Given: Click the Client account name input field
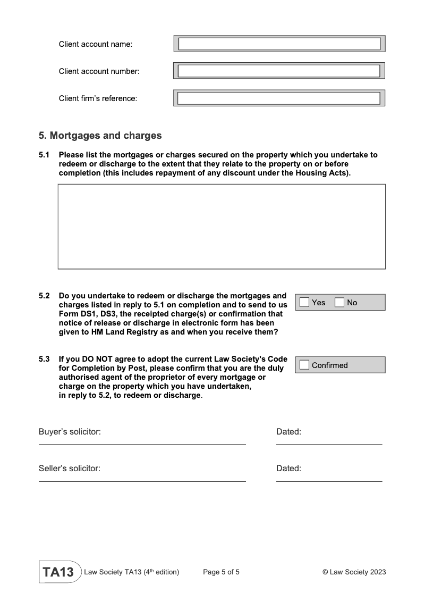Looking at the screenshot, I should (279, 44).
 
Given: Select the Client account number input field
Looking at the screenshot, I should (279, 71).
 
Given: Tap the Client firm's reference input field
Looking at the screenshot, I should (279, 98).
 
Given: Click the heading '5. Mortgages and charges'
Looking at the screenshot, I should (100, 136).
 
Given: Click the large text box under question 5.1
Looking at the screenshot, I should (222, 226).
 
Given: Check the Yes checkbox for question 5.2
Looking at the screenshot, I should (304, 302).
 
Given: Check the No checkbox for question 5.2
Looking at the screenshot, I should (339, 302).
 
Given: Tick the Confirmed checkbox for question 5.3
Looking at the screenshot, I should (304, 365).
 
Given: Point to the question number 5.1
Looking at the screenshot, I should (44, 155).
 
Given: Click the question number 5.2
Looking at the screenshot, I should (44, 296).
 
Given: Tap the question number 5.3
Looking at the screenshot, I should (44, 359).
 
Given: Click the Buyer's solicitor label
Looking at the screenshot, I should (70, 432).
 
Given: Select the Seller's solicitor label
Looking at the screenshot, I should (70, 469).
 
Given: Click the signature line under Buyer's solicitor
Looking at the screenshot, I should (142, 444).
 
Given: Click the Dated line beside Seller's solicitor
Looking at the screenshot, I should (329, 481).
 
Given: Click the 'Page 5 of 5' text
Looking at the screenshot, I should (221, 572).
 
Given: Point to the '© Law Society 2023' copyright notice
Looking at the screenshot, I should (354, 572).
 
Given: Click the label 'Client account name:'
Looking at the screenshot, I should (96, 44).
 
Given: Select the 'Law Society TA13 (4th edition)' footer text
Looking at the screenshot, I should (132, 572).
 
